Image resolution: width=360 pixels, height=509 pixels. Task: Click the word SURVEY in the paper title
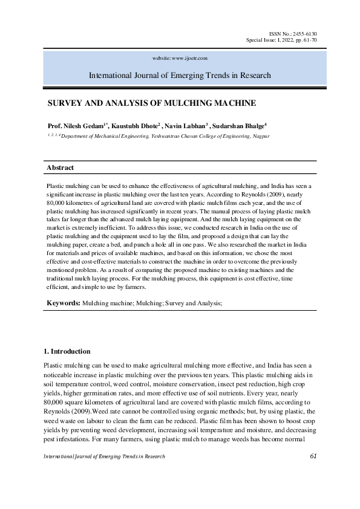click(67, 103)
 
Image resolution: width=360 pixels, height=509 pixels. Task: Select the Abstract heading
click(60, 167)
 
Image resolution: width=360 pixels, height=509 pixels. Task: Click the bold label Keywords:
click(64, 300)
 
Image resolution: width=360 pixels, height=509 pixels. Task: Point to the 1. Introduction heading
click(67, 351)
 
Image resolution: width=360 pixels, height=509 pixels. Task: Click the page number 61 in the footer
click(313, 456)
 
